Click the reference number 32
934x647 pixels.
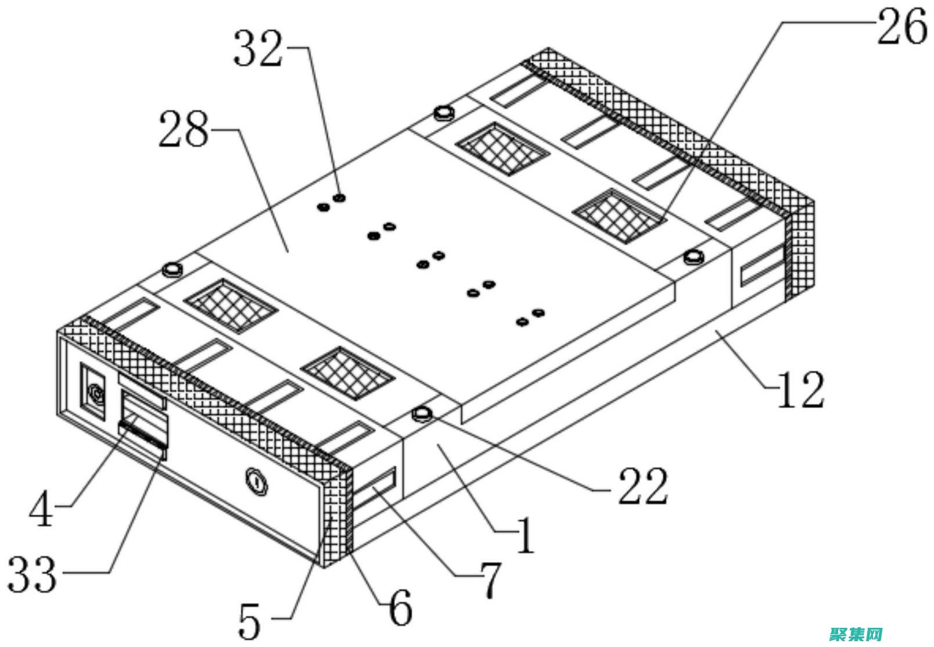[258, 49]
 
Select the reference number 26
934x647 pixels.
[901, 27]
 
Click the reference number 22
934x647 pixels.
[642, 485]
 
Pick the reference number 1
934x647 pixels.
[525, 535]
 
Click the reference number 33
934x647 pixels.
[33, 574]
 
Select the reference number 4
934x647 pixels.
[42, 509]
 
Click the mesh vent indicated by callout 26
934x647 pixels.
[619, 215]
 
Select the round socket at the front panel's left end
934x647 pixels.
[95, 396]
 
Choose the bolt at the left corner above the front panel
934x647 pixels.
[172, 270]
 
